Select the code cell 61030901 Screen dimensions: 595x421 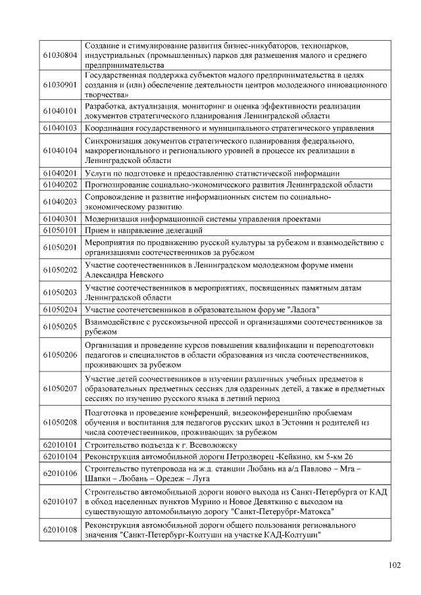[61, 86]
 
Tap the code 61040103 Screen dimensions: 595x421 [61, 128]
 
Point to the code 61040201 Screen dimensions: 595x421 [61, 173]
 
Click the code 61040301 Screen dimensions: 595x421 [61, 219]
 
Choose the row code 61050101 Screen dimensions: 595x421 [61, 230]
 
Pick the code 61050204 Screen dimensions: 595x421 [61, 310]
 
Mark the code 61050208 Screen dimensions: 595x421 [61, 422]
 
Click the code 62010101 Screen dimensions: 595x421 [61, 445]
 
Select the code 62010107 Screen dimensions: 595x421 [61, 501]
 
